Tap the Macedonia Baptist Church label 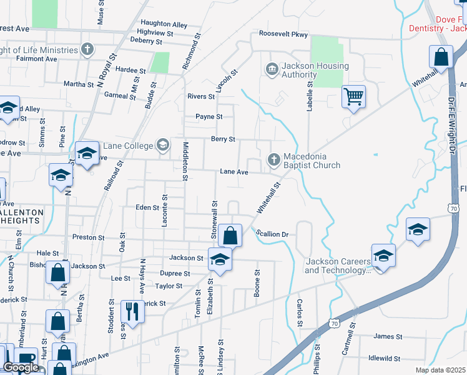[312, 161]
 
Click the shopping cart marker [353, 97]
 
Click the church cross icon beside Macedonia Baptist [273, 160]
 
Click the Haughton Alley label [164, 24]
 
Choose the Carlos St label [300, 312]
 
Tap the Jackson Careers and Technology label [337, 266]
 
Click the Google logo [21, 367]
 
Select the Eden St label [147, 207]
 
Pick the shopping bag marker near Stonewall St [230, 236]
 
